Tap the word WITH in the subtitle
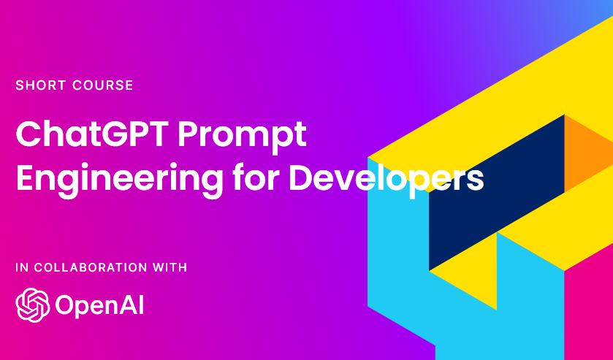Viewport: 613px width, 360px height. coord(170,267)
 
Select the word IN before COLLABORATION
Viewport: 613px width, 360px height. coord(20,267)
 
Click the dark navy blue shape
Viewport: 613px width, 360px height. coord(497,190)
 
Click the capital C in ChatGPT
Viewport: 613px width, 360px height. coord(30,136)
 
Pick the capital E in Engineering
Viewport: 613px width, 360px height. coord(26,177)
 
